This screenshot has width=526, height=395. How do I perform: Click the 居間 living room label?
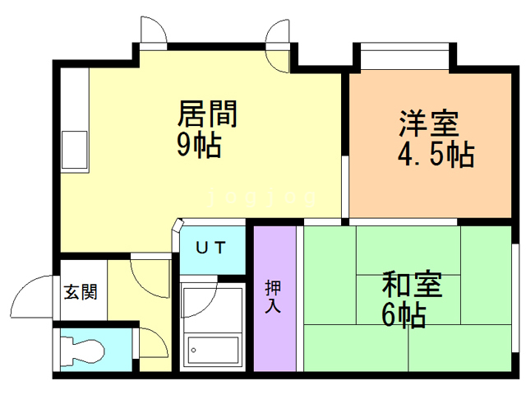click(x=208, y=114)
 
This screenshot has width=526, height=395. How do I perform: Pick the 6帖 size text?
click(x=403, y=315)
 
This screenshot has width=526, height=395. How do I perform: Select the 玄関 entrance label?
click(x=81, y=291)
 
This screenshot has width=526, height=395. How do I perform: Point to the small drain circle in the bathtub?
click(x=194, y=351)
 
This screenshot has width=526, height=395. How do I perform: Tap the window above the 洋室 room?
click(x=402, y=58)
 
